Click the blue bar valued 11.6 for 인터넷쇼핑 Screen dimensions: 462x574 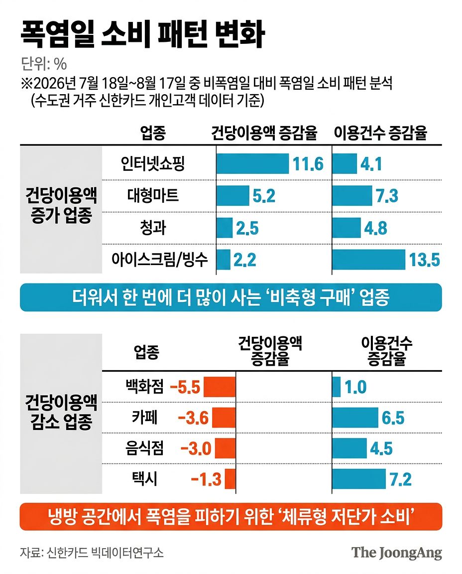(252, 163)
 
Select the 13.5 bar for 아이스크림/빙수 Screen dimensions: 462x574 (368, 260)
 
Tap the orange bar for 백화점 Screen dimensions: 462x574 (220, 387)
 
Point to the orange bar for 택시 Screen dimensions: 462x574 (230, 479)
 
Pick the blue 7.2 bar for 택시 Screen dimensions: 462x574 (359, 479)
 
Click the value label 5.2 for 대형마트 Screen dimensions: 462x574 (264, 196)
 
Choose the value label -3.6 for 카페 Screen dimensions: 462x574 (193, 418)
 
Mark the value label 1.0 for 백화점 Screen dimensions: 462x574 (355, 387)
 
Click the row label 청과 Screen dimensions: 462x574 (153, 227)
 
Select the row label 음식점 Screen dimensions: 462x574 (144, 448)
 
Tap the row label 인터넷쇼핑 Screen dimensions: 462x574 (153, 163)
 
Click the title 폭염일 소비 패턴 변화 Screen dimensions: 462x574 (142, 34)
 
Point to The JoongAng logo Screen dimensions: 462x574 (396, 553)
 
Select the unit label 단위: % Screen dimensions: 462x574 (43, 64)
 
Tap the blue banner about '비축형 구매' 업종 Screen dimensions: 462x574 (231, 297)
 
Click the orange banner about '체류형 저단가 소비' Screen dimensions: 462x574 (231, 517)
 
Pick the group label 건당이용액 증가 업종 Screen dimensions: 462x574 (61, 205)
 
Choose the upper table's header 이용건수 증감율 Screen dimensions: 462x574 (380, 133)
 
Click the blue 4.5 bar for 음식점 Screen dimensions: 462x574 (349, 448)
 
